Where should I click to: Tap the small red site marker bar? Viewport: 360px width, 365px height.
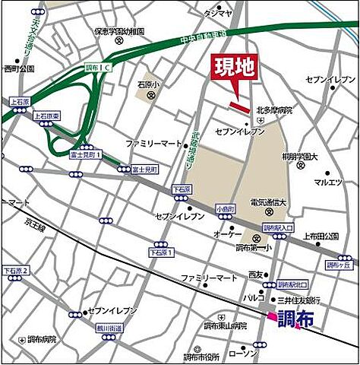239,106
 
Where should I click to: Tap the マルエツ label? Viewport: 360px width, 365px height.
328,182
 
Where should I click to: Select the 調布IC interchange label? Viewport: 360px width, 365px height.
96,67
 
